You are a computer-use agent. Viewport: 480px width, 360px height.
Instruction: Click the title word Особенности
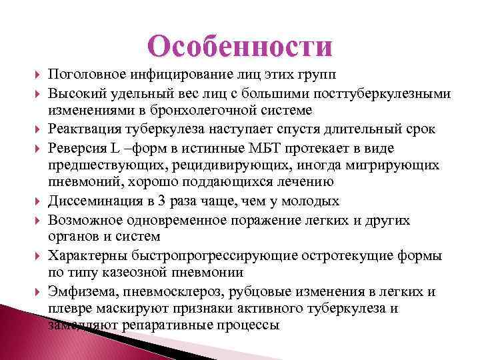click(240, 47)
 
